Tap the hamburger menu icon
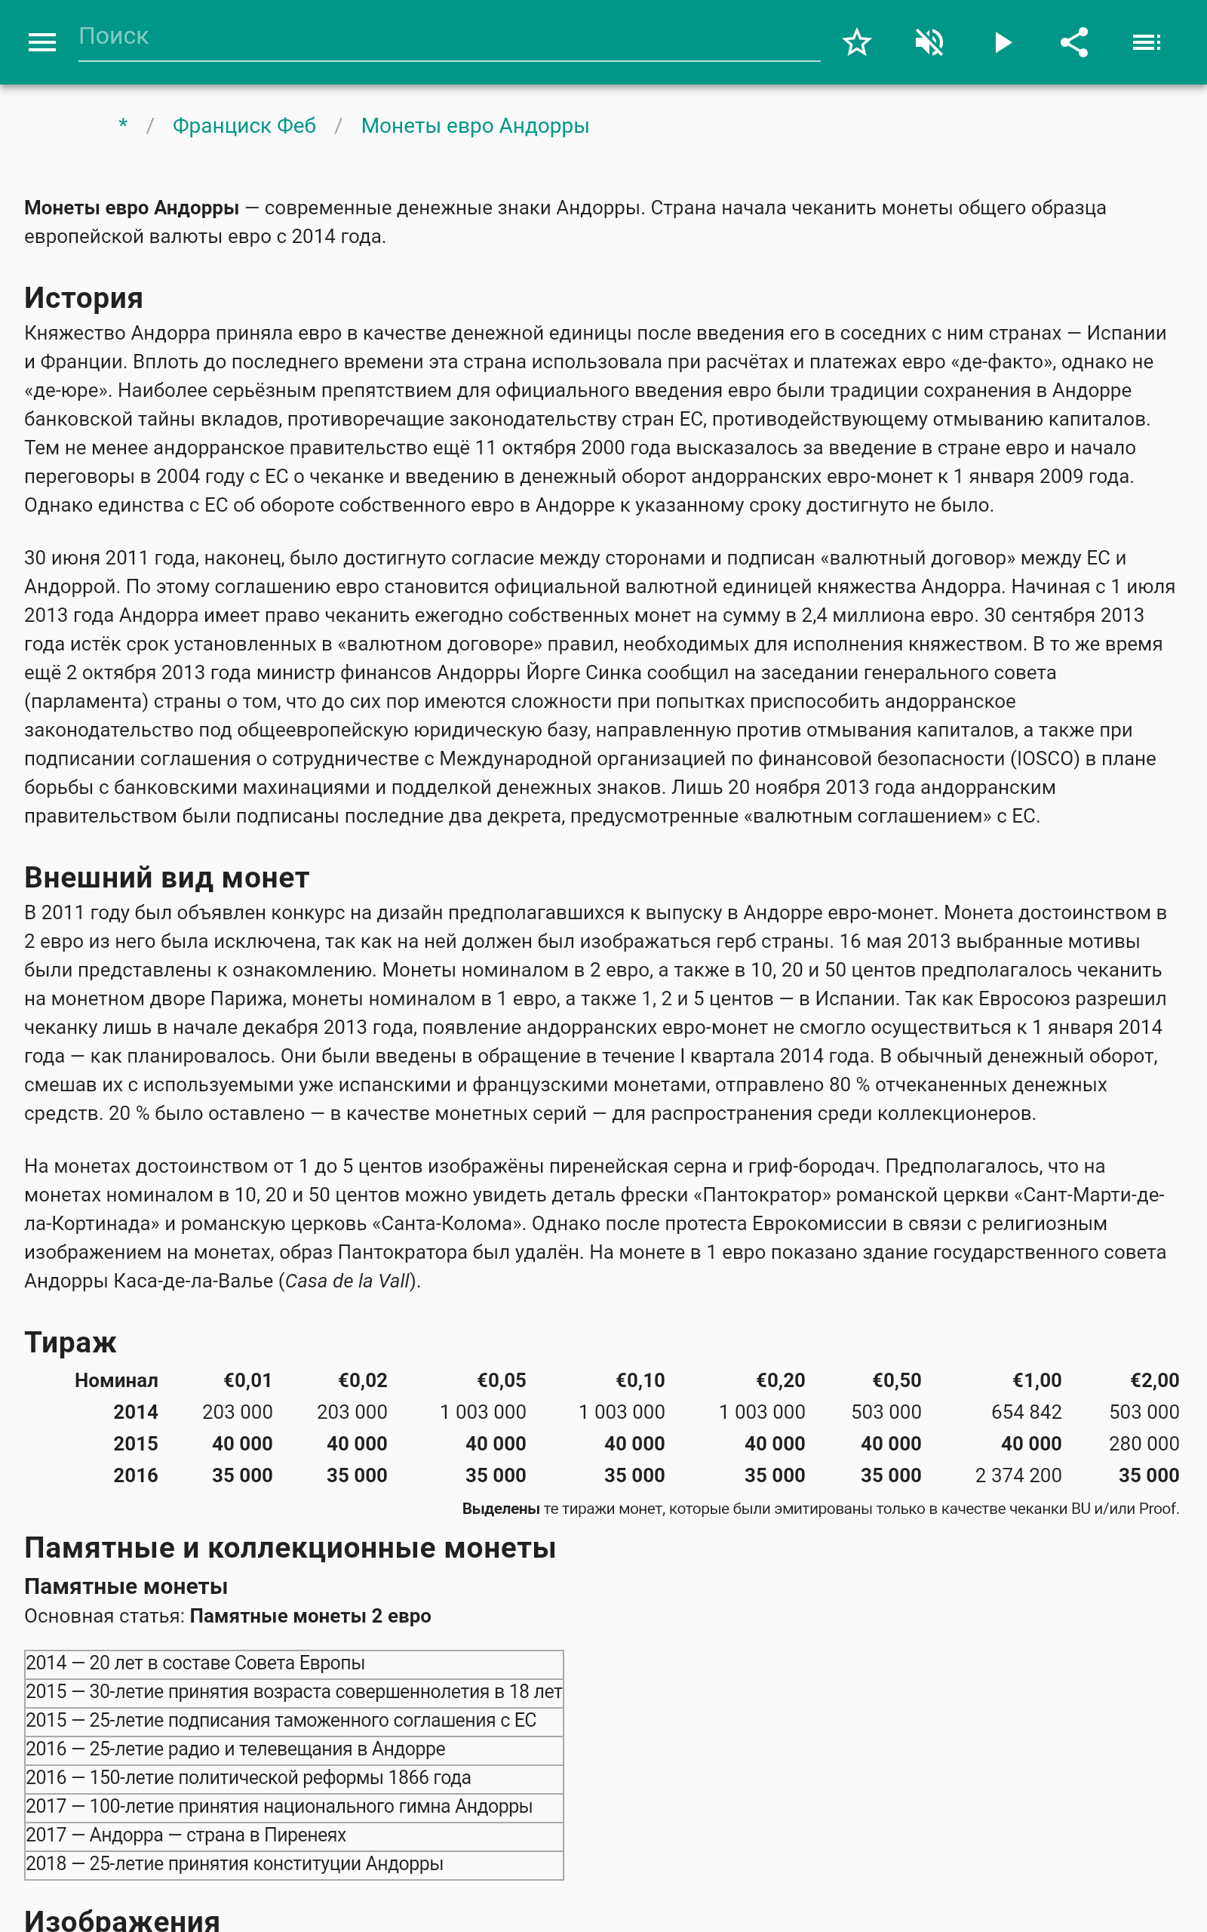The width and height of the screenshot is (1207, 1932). tap(42, 42)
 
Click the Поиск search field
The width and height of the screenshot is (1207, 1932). tap(447, 37)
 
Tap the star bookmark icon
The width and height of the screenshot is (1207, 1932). tap(856, 42)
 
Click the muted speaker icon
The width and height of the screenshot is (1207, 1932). tap(929, 42)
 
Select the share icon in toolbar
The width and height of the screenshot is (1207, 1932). tap(1073, 42)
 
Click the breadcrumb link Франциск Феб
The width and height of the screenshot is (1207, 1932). tap(244, 126)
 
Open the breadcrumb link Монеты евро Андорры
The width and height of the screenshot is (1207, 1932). tap(475, 126)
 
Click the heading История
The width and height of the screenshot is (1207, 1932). tap(84, 298)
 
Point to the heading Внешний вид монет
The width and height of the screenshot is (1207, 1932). tap(167, 878)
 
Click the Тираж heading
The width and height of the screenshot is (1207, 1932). tap(70, 1342)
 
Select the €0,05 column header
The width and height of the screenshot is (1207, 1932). tap(502, 1380)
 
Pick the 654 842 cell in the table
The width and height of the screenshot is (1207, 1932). tap(1026, 1412)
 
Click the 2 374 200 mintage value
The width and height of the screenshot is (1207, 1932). tap(1018, 1475)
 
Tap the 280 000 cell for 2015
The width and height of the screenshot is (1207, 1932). tap(1143, 1444)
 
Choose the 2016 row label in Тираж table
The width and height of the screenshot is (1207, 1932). tap(135, 1475)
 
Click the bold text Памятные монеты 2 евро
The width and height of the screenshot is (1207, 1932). tap(311, 1616)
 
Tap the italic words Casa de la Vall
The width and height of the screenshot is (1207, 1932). tap(347, 1281)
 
